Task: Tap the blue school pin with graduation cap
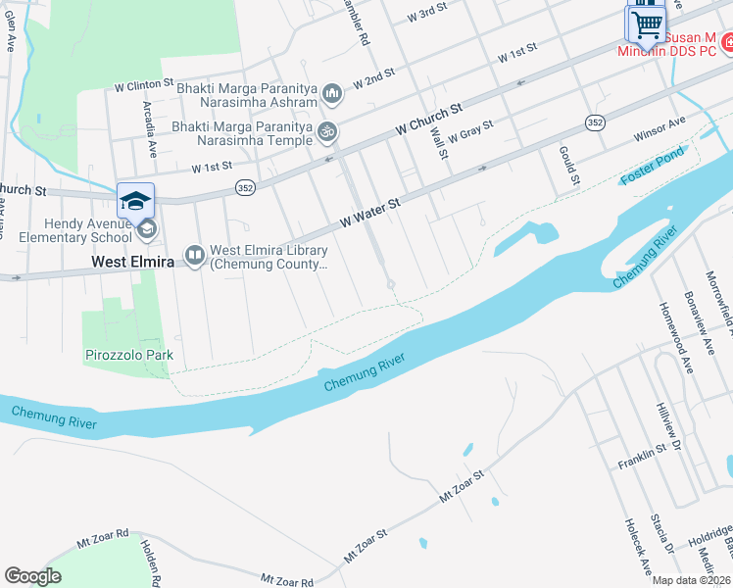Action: point(135,201)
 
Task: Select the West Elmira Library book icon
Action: point(194,256)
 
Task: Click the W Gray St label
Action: point(469,131)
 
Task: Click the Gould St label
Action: point(570,166)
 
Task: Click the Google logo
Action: point(32,576)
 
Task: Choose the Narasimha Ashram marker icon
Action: point(332,93)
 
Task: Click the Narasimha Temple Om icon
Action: point(328,131)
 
